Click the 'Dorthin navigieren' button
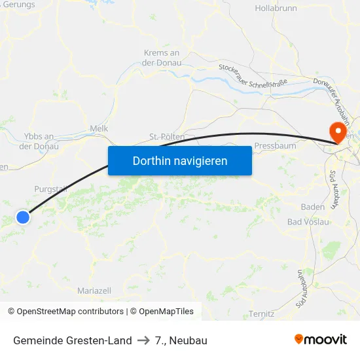(180, 160)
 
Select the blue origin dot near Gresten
(23, 217)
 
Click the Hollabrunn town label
(276, 9)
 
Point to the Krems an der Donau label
(161, 58)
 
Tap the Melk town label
(99, 129)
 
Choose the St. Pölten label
(166, 137)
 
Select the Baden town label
(313, 207)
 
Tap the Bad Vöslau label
(309, 222)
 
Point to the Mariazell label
(94, 290)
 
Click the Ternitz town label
(261, 314)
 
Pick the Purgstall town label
(50, 189)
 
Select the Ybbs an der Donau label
(39, 141)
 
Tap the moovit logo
(321, 340)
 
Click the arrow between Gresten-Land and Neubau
(143, 340)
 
